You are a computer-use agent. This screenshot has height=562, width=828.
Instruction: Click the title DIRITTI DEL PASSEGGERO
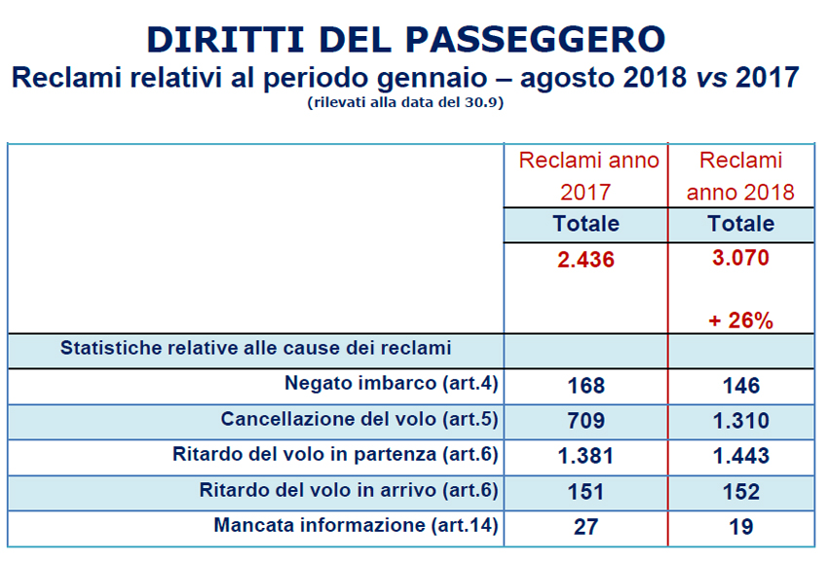pyautogui.click(x=406, y=39)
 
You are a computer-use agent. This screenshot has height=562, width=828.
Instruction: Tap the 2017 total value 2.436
pyautogui.click(x=585, y=260)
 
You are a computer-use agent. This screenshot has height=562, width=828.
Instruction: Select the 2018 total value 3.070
pyautogui.click(x=740, y=258)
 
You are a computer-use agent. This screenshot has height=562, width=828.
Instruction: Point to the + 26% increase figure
pyautogui.click(x=740, y=320)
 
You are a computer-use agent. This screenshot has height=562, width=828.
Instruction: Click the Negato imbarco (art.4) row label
pyautogui.click(x=392, y=384)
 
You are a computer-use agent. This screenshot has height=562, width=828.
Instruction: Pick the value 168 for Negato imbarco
pyautogui.click(x=585, y=386)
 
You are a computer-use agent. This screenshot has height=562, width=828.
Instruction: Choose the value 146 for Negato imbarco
pyautogui.click(x=740, y=386)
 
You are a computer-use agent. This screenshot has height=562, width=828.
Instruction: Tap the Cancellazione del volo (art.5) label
pyautogui.click(x=359, y=420)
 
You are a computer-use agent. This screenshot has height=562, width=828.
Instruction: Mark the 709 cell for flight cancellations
pyautogui.click(x=585, y=421)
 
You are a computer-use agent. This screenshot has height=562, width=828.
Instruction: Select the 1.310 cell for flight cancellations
pyautogui.click(x=740, y=421)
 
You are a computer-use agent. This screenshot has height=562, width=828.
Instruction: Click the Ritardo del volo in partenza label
pyautogui.click(x=335, y=455)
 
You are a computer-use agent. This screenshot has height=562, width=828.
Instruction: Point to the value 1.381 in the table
pyautogui.click(x=585, y=456)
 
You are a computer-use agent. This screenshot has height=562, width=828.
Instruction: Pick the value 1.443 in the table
pyautogui.click(x=740, y=456)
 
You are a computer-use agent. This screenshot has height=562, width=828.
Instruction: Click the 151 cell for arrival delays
pyautogui.click(x=585, y=491)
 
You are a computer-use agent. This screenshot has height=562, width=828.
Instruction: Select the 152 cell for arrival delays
pyautogui.click(x=740, y=491)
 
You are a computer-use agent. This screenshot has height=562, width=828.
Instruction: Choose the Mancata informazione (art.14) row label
pyautogui.click(x=356, y=525)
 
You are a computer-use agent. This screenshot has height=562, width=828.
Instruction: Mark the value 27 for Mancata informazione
pyautogui.click(x=585, y=526)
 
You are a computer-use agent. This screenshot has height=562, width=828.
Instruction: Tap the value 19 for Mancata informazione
pyautogui.click(x=740, y=526)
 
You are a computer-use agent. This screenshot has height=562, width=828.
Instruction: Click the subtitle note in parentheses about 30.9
pyautogui.click(x=404, y=102)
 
